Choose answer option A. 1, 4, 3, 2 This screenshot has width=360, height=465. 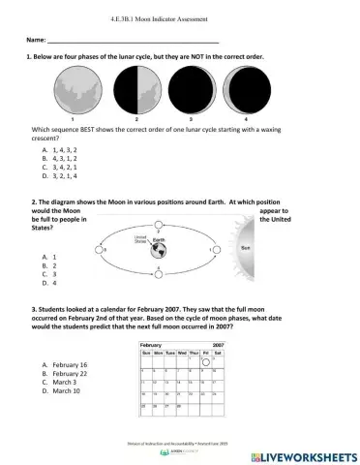point(65,151)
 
